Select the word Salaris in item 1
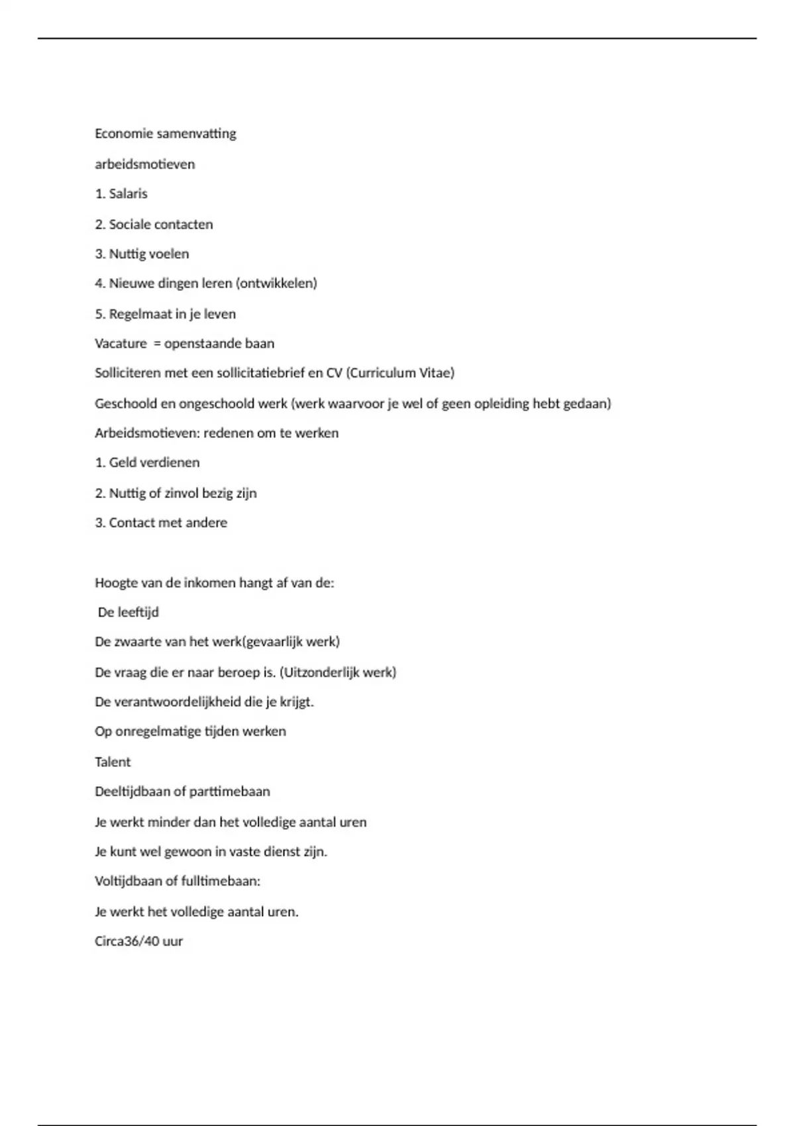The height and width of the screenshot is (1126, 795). tap(128, 194)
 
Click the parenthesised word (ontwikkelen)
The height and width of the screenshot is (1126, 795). tap(276, 283)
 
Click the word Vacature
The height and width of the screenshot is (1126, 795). tap(121, 344)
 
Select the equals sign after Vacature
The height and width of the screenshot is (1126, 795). tap(157, 344)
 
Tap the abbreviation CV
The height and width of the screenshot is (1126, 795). tap(334, 373)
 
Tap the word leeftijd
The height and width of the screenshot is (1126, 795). tap(138, 613)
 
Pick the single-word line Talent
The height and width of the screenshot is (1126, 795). tap(113, 762)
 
